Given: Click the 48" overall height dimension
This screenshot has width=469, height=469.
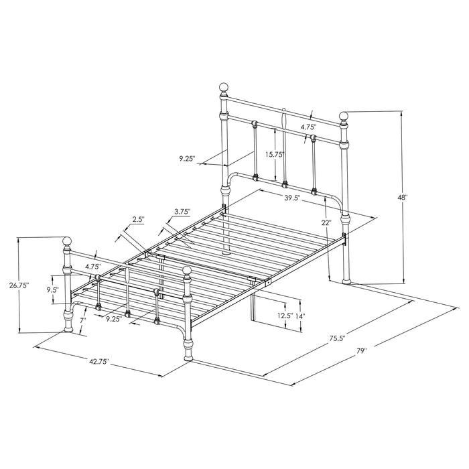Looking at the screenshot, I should point(402,198).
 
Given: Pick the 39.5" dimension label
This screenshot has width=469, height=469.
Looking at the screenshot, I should point(291,198).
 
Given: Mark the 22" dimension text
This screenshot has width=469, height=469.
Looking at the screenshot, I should point(326,222).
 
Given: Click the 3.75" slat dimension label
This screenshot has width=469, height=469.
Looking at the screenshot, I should point(182,212).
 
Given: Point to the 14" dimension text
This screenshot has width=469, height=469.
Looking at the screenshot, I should point(301,315).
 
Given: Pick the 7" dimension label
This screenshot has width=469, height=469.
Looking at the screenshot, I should point(82,321).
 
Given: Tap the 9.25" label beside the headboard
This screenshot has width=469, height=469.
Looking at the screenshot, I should point(187,158).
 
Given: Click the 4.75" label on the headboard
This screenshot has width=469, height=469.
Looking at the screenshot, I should point(308,126).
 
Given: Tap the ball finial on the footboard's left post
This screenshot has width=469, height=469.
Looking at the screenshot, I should point(67,241).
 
